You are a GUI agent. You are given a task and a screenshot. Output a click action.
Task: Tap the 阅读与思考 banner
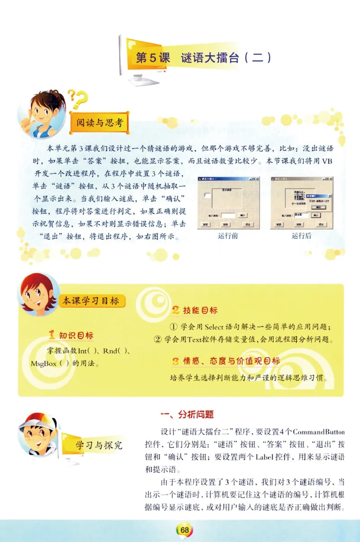99,122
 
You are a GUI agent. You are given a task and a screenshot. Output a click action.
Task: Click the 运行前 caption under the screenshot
228,236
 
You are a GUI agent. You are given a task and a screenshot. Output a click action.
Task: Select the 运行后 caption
301,236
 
